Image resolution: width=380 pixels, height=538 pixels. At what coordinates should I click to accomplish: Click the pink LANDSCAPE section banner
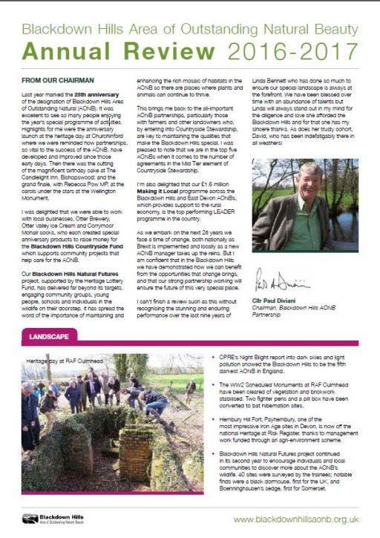point(49,336)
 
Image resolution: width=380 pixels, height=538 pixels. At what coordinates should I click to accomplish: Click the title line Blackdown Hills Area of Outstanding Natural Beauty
point(188,30)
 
